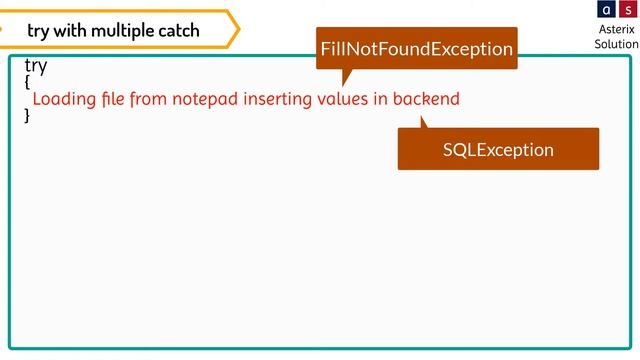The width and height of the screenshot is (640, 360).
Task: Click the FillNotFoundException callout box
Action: (x=416, y=48)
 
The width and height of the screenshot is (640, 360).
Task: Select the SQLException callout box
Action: (x=498, y=149)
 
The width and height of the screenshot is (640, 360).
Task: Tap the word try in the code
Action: (x=36, y=65)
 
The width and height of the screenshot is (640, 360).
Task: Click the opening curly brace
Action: (x=27, y=82)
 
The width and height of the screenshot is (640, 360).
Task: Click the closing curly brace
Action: (x=27, y=115)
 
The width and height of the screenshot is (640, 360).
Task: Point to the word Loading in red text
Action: (x=64, y=99)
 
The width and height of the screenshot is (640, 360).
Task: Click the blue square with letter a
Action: (x=606, y=10)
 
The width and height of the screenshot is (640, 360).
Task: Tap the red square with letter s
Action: (x=627, y=10)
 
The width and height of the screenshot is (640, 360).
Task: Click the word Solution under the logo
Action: (x=616, y=44)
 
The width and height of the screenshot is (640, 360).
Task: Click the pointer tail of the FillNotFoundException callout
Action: (x=346, y=77)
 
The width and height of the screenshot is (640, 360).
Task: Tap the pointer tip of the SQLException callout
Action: (x=422, y=118)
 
